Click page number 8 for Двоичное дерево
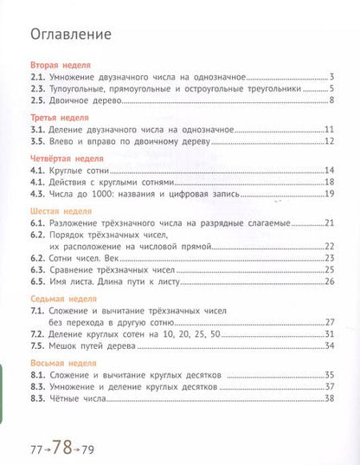[x=331, y=100]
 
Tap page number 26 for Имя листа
[x=329, y=281]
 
